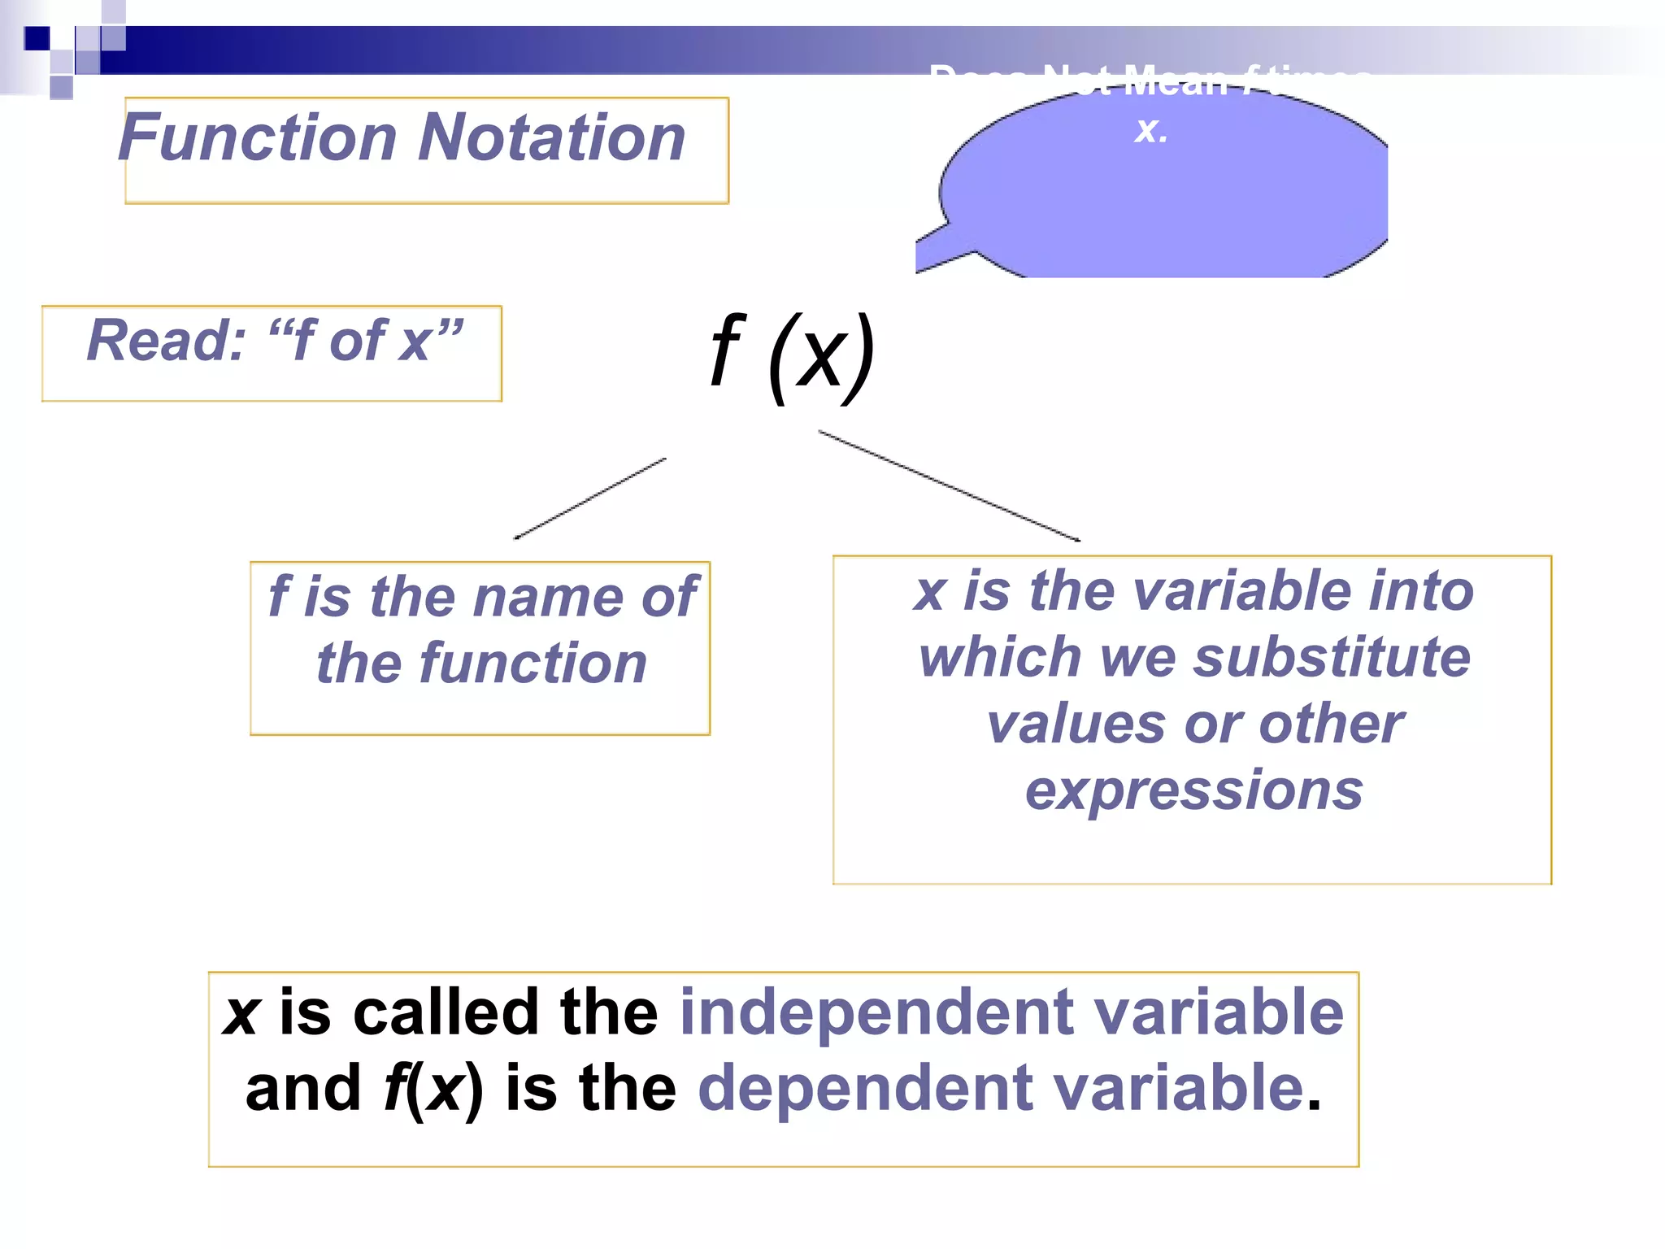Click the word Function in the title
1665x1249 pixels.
point(258,138)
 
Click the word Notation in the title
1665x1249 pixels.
point(552,138)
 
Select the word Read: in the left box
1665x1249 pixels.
point(166,341)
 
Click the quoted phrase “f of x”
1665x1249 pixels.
point(365,341)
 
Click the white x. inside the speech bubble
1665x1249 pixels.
point(1151,130)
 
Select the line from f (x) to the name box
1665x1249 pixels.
point(590,498)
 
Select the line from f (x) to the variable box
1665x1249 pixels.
point(949,485)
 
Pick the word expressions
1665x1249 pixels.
point(1193,790)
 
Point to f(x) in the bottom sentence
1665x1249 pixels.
point(433,1090)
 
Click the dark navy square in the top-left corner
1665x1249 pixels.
point(37,38)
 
